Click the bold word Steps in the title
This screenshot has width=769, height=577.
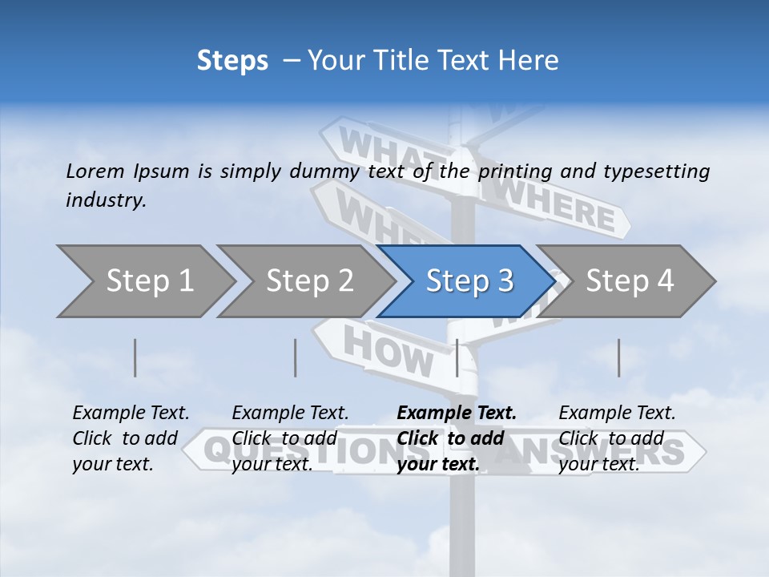pyautogui.click(x=232, y=61)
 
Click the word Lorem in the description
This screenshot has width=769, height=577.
pyautogui.click(x=95, y=171)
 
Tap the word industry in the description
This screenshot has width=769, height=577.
pyautogui.click(x=106, y=200)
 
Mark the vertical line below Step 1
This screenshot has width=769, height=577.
pyautogui.click(x=135, y=357)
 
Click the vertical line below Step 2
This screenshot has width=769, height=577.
pyautogui.click(x=296, y=357)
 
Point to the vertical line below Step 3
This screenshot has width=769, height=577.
pyautogui.click(x=457, y=357)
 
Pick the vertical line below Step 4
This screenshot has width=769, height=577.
pyautogui.click(x=618, y=357)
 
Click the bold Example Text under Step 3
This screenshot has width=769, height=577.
pyautogui.click(x=457, y=414)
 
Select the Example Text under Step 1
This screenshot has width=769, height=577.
pyautogui.click(x=131, y=414)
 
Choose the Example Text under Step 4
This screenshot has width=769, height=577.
pyautogui.click(x=617, y=414)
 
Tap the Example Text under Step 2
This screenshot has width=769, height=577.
pyautogui.click(x=290, y=414)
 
